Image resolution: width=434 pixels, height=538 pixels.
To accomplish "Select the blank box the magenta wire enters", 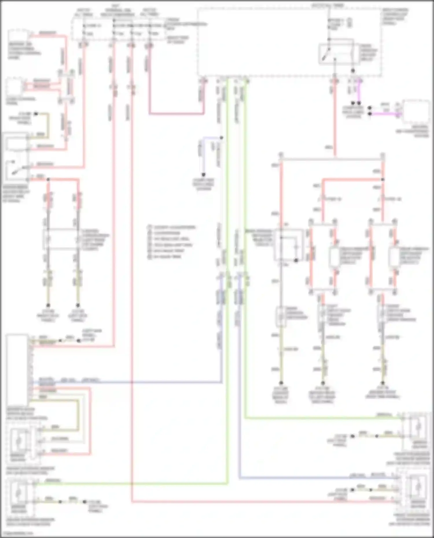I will [x=416, y=113].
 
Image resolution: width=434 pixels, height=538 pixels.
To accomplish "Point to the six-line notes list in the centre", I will [x=171, y=242].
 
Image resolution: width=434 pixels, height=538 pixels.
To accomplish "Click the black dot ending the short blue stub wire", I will [x=203, y=175].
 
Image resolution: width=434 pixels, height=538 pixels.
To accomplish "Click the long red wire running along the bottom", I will [x=260, y=502].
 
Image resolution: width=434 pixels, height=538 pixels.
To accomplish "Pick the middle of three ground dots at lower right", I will [x=323, y=383].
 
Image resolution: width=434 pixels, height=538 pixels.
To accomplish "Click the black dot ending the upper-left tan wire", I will [x=36, y=114].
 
